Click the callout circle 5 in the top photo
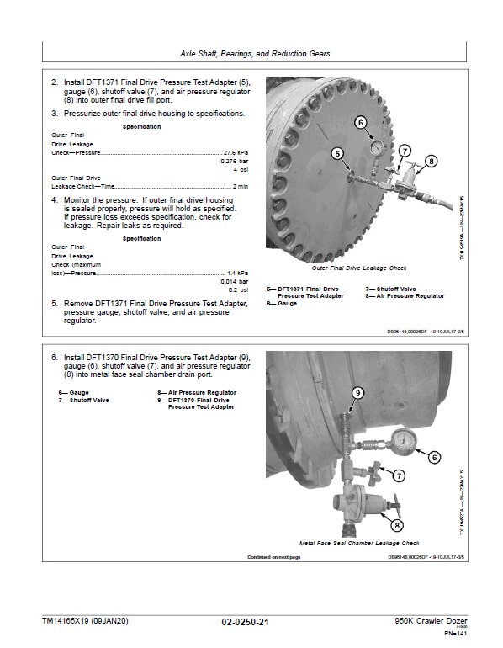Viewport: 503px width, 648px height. pyautogui.click(x=338, y=154)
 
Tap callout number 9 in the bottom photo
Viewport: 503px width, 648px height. pyautogui.click(x=357, y=393)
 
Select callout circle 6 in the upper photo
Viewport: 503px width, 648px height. pyautogui.click(x=360, y=123)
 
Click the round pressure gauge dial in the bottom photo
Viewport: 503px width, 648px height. pyautogui.click(x=406, y=442)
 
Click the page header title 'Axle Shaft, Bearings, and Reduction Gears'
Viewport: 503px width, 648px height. pyautogui.click(x=255, y=54)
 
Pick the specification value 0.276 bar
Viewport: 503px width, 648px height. pyautogui.click(x=234, y=161)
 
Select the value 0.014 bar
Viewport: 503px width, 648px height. pyautogui.click(x=234, y=281)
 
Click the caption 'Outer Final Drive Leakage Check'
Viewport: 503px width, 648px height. pyautogui.click(x=358, y=268)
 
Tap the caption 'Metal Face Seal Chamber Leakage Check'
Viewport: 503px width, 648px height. pyautogui.click(x=352, y=544)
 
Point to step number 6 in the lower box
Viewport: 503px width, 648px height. pyautogui.click(x=55, y=358)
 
